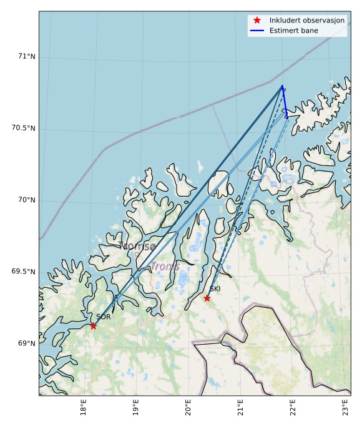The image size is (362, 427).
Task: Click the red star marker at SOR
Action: (x=93, y=326)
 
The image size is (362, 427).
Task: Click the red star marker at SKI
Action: (x=207, y=298)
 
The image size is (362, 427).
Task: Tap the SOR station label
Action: (x=104, y=317)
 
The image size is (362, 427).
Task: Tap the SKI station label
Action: (x=215, y=289)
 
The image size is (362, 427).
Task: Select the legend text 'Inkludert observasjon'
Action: (x=306, y=21)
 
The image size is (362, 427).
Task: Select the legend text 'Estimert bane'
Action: (x=293, y=31)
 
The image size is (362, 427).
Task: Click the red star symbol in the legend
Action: (x=257, y=21)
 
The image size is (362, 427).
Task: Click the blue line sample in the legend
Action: (x=257, y=31)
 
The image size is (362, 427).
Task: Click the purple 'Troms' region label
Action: (x=165, y=267)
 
